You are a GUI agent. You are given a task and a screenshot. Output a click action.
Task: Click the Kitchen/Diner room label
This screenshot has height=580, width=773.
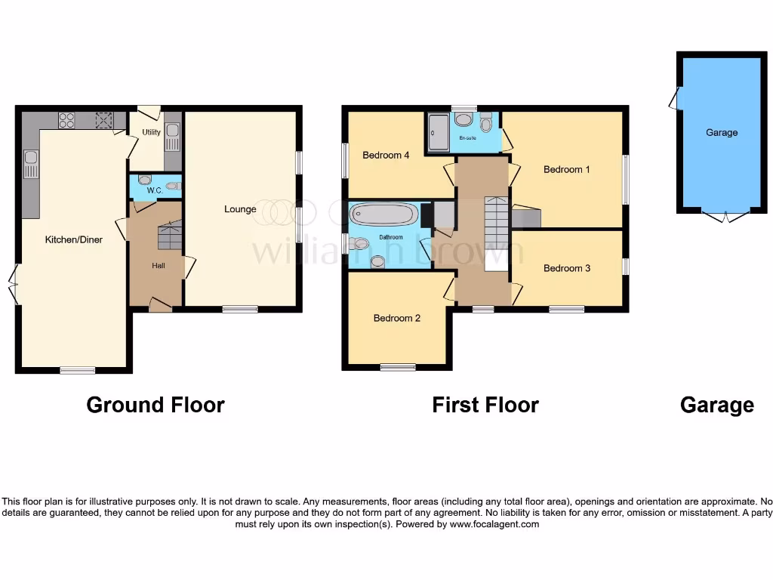(x=74, y=239)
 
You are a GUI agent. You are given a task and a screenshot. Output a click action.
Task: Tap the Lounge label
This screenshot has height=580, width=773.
(x=240, y=209)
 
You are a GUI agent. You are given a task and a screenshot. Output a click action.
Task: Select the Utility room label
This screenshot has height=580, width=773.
(x=151, y=132)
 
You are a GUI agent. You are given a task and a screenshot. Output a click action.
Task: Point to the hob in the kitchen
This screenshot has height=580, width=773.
(x=66, y=120)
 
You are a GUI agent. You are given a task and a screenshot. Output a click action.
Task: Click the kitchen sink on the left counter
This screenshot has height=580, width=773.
(x=30, y=162)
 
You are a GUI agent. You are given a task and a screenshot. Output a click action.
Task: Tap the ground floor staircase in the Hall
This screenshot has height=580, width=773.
(x=169, y=236)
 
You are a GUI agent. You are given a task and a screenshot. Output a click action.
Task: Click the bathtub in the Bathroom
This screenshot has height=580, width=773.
(x=383, y=214)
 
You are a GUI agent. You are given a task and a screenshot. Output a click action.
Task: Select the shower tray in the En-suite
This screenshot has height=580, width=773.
(x=437, y=133)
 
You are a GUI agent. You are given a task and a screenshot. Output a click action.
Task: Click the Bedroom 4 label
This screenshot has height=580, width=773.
(x=386, y=156)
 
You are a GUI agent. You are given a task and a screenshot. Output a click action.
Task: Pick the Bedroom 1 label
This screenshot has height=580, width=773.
(x=567, y=169)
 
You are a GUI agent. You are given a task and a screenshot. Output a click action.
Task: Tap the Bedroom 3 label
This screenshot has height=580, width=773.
(x=567, y=268)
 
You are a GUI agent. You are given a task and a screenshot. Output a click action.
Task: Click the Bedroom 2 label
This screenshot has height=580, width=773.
(x=397, y=318)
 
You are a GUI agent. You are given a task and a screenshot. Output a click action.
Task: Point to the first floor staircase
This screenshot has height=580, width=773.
(x=496, y=233)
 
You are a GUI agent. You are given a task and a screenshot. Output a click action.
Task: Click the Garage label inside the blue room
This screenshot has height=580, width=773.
(x=722, y=132)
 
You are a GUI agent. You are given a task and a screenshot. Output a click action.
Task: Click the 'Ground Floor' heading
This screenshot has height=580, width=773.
(x=156, y=405)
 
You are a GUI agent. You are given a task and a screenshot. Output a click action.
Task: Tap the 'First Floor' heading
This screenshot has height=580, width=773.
(x=485, y=405)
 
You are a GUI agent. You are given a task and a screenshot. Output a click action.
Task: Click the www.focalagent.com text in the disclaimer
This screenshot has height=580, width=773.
(x=494, y=524)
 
